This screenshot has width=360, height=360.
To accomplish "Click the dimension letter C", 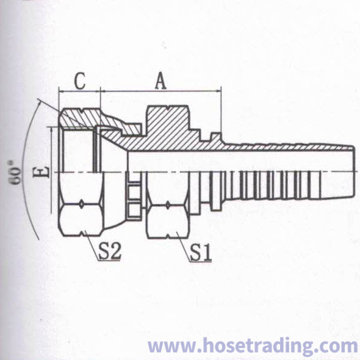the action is [81, 81].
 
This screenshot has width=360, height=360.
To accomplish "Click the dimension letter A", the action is [160, 81].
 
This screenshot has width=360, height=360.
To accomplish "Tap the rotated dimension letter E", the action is [41, 171].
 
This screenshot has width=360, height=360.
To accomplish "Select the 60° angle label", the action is [16, 173].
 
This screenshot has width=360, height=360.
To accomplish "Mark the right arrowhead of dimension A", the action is [219, 92].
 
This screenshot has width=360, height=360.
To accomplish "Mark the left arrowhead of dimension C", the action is [61, 92].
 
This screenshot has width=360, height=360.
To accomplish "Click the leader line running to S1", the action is [184, 247].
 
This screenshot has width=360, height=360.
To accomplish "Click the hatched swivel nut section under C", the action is [81, 118].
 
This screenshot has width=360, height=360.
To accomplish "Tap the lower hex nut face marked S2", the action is [81, 220].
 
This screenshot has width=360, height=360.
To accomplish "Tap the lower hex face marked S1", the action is [168, 221].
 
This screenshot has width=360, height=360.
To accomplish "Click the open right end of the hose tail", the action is [353, 171].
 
